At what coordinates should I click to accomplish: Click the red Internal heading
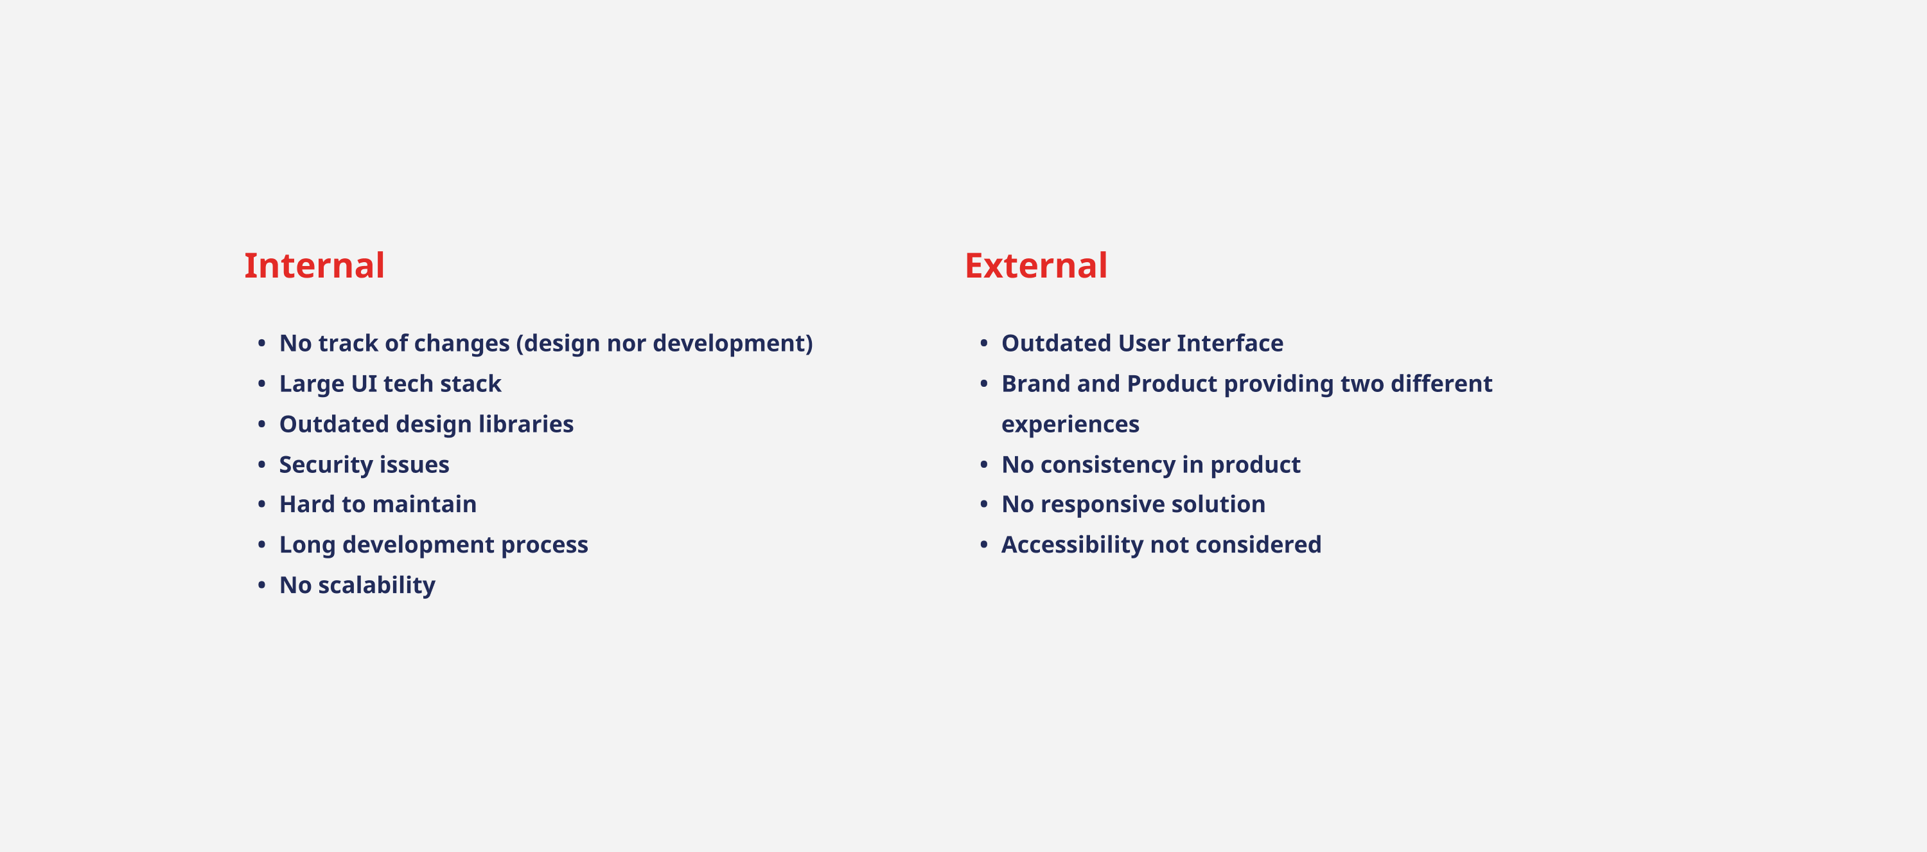coord(314,265)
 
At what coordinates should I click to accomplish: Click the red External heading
coord(1036,265)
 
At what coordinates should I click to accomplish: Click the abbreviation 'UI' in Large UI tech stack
coord(364,384)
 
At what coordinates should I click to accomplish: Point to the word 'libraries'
coord(526,423)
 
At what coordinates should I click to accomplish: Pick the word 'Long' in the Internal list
coord(308,546)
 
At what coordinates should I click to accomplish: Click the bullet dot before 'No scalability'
coord(262,584)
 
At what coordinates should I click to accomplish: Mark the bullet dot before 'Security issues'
coord(262,464)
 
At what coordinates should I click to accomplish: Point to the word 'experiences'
coord(1071,425)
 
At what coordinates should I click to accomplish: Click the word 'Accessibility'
coord(1072,546)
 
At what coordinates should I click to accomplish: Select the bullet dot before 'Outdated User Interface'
coord(983,342)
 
